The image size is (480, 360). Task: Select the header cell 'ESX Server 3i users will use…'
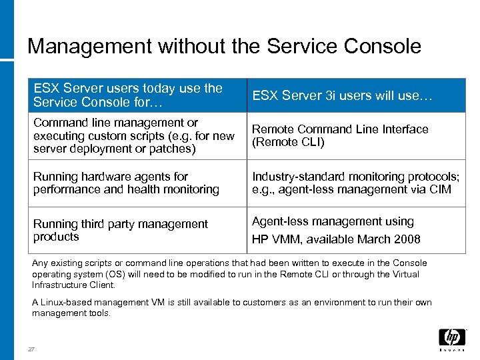(x=343, y=95)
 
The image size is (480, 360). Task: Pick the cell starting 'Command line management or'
(x=133, y=136)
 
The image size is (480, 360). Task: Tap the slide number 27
(x=31, y=349)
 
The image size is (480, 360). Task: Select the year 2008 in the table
(x=407, y=239)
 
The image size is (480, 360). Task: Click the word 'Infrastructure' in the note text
(x=59, y=285)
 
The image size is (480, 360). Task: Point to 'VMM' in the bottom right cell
(x=285, y=239)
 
